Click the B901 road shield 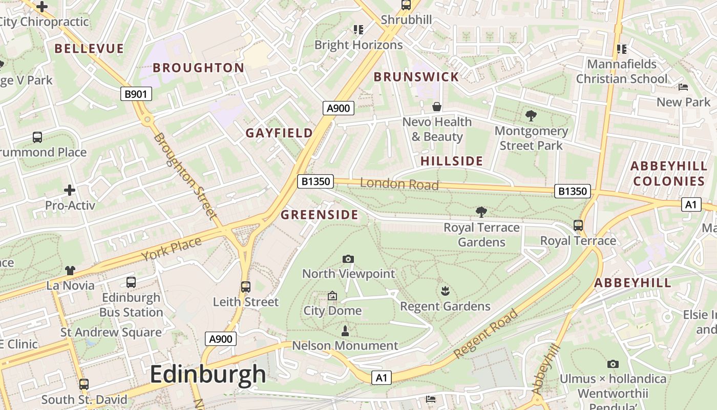(136, 94)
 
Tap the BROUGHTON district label (199, 68)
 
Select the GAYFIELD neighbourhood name (279, 133)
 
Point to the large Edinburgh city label (208, 374)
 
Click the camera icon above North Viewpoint (348, 259)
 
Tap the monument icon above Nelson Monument (345, 331)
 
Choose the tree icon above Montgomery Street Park (531, 116)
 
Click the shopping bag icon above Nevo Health (437, 107)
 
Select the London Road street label (399, 183)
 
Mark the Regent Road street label (486, 333)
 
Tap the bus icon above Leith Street (246, 287)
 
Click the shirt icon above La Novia (70, 271)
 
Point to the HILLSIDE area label (452, 161)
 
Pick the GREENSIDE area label (320, 214)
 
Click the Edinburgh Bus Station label (131, 304)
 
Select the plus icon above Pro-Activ (70, 190)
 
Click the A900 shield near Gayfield (339, 108)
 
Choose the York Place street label (171, 249)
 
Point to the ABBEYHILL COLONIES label (669, 173)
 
